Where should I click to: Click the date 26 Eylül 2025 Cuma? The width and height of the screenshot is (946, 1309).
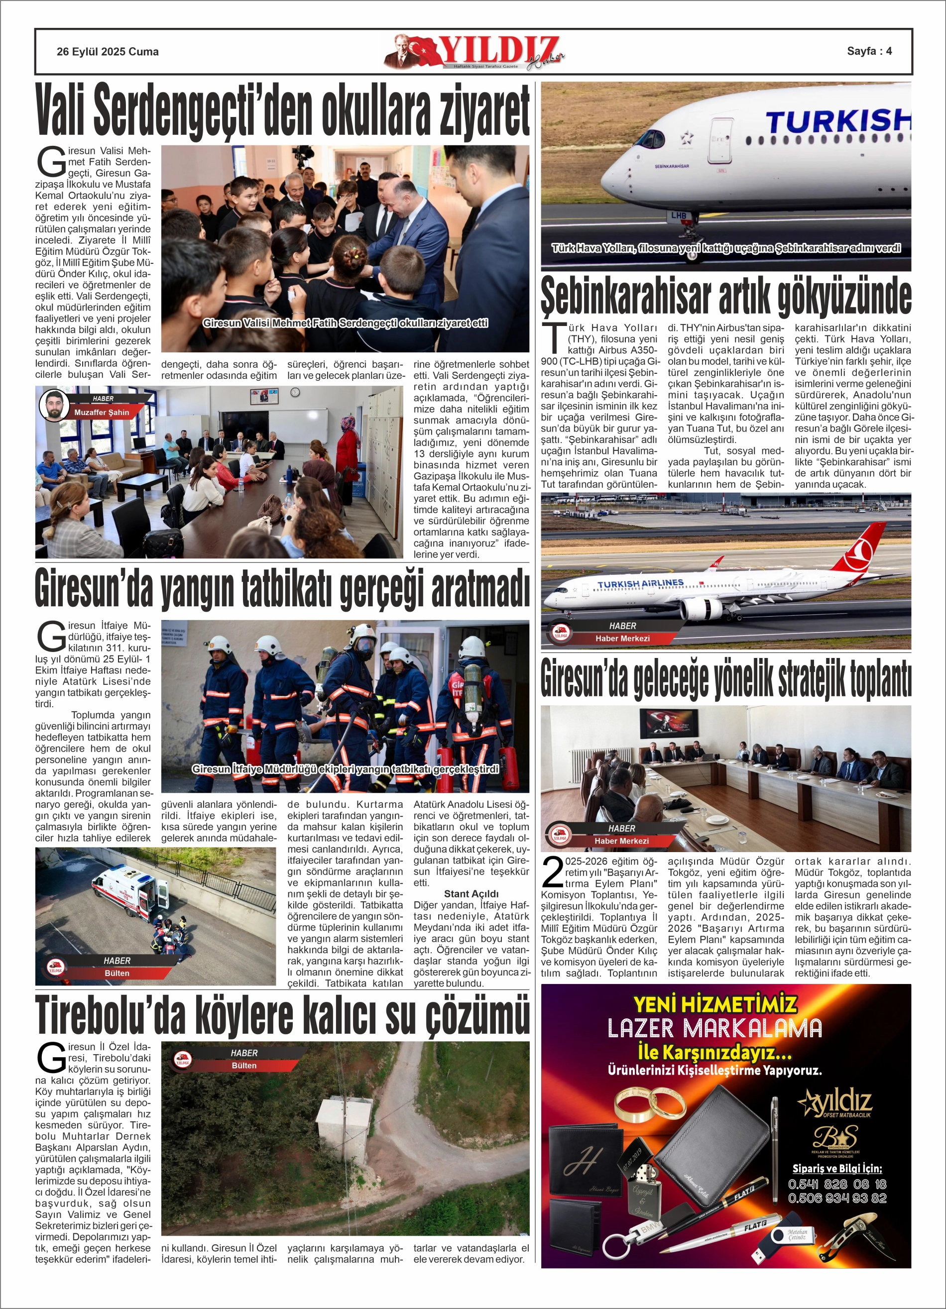pyautogui.click(x=108, y=51)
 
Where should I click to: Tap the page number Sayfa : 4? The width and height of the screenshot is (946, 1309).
pyautogui.click(x=869, y=51)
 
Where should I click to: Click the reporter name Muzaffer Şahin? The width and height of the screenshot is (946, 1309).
pyautogui.click(x=102, y=413)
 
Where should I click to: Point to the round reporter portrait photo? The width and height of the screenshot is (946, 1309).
pyautogui.click(x=54, y=406)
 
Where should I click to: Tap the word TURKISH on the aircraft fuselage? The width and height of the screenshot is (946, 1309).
pyautogui.click(x=837, y=122)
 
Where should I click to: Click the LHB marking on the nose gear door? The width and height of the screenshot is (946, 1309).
pyautogui.click(x=679, y=216)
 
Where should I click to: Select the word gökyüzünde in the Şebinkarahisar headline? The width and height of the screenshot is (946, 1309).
pyautogui.click(x=844, y=297)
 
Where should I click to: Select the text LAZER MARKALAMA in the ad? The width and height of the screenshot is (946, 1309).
pyautogui.click(x=714, y=1028)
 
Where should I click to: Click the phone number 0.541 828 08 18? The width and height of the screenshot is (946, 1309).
pyautogui.click(x=837, y=1196)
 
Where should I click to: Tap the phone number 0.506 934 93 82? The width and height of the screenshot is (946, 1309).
pyautogui.click(x=837, y=1210)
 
